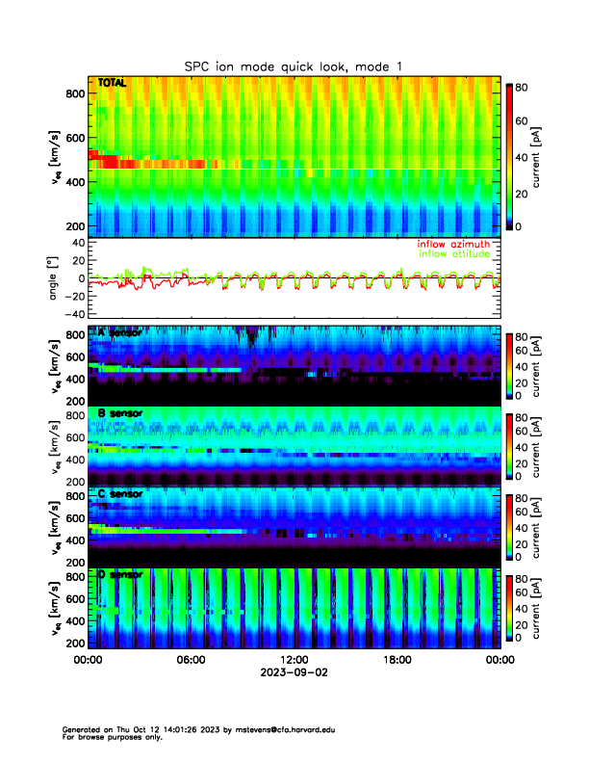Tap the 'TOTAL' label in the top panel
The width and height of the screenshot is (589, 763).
[x=112, y=84]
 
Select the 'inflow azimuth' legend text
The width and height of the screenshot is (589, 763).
[x=453, y=244]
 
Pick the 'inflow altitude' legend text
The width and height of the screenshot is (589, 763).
[x=454, y=254]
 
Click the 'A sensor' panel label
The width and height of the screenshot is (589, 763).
[x=119, y=332]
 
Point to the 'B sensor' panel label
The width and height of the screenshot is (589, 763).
[x=119, y=413]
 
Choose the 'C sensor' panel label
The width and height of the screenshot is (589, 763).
[x=119, y=494]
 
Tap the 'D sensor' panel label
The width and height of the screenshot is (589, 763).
[x=119, y=575]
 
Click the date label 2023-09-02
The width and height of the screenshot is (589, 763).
[x=294, y=673]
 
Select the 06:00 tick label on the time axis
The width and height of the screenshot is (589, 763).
[x=191, y=661]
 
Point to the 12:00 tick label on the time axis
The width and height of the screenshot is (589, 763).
[x=294, y=661]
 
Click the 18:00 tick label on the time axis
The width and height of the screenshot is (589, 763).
[x=397, y=661]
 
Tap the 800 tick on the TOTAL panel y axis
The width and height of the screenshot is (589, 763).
[x=74, y=93]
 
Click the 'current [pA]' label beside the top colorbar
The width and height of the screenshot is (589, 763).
[x=554, y=154]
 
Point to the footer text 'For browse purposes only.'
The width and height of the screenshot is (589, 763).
[x=109, y=737]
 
